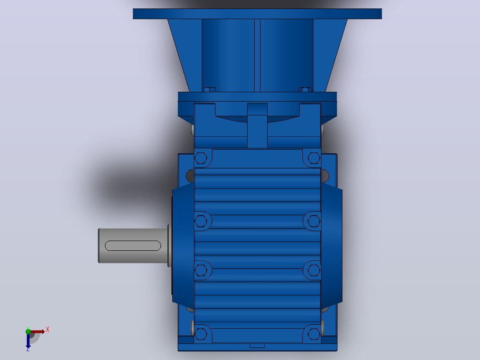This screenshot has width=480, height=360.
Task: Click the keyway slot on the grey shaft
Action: pos(133,246)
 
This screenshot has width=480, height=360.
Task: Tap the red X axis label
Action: pos(48,330)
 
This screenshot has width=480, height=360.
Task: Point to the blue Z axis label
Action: pos(28,349)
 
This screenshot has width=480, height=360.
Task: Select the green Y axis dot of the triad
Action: pos(28,331)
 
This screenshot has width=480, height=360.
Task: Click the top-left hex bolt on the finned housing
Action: pos(201,158)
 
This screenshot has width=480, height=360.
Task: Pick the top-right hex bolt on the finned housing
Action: pos(314,158)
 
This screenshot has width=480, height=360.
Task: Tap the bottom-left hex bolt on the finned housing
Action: pos(201,334)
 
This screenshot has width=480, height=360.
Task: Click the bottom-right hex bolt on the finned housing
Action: pos(314,334)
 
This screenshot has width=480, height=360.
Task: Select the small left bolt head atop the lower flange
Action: pos(209,90)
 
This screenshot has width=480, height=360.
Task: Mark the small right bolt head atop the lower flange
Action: pos(305,90)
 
